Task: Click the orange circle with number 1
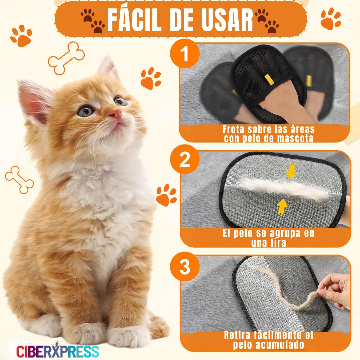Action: click(x=185, y=53)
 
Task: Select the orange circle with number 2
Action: click(x=185, y=159)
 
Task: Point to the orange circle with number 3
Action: click(x=185, y=267)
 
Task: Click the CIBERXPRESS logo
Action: click(x=57, y=350)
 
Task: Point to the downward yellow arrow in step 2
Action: click(x=291, y=171)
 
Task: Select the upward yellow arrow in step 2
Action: click(x=282, y=207)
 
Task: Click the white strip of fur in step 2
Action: click(x=285, y=190)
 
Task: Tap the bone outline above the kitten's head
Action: click(x=66, y=58)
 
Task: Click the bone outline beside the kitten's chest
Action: click(x=19, y=180)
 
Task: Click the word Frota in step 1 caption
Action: click(x=233, y=129)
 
